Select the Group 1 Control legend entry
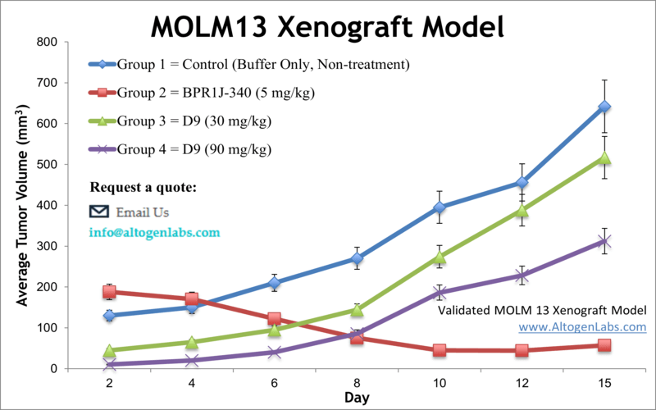262,63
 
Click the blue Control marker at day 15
604,107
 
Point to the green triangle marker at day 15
604,157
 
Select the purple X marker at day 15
604,241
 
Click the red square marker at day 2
109,292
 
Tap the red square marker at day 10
440,350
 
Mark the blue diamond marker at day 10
440,207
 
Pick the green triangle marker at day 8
357,310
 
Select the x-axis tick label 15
604,382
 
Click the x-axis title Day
356,398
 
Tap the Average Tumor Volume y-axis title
24,205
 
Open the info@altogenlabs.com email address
155,232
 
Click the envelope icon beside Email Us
99,212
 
